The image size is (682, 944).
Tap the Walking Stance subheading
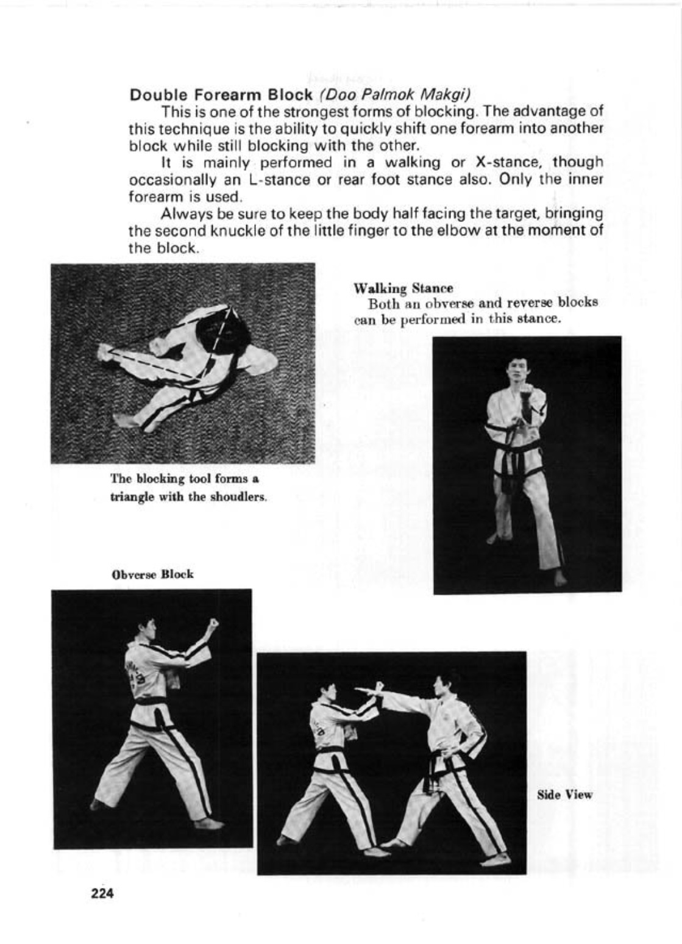[403, 288]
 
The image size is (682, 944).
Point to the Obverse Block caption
[152, 574]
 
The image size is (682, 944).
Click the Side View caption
[564, 795]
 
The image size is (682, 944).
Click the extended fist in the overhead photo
[105, 351]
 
